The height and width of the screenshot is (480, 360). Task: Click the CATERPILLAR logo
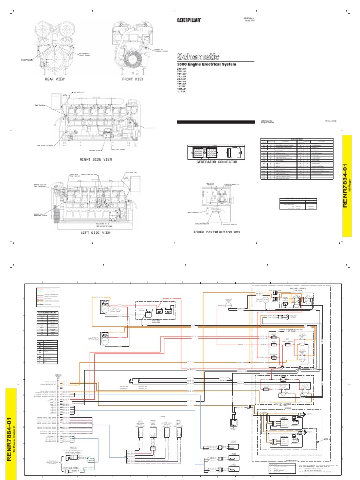189,20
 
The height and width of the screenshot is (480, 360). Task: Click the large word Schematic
197,55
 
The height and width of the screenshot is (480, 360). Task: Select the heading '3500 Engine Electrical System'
206,64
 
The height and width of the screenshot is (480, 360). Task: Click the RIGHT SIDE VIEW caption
96,160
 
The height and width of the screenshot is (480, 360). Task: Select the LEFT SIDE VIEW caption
96,232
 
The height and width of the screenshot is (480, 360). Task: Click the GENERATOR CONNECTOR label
217,162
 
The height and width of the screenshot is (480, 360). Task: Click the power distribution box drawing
216,204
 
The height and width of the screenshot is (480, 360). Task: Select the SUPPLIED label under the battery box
156,322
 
